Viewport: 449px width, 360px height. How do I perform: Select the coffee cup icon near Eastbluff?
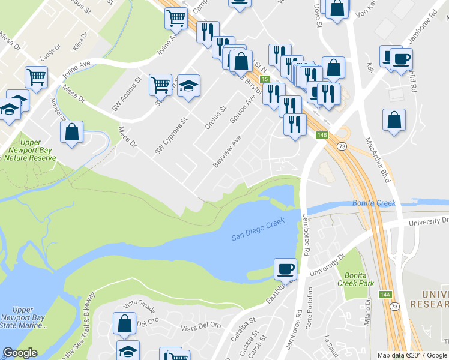(286, 268)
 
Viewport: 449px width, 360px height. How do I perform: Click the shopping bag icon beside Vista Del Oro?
(124, 323)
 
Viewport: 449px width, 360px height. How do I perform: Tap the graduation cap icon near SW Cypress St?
(188, 85)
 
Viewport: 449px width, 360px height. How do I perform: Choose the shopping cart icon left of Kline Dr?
(37, 77)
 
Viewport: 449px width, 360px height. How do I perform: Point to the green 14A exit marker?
(385, 295)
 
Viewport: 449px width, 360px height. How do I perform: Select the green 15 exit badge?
(264, 79)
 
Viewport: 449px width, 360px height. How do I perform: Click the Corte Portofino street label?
(310, 307)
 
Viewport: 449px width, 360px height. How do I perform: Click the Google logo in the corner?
(20, 353)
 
